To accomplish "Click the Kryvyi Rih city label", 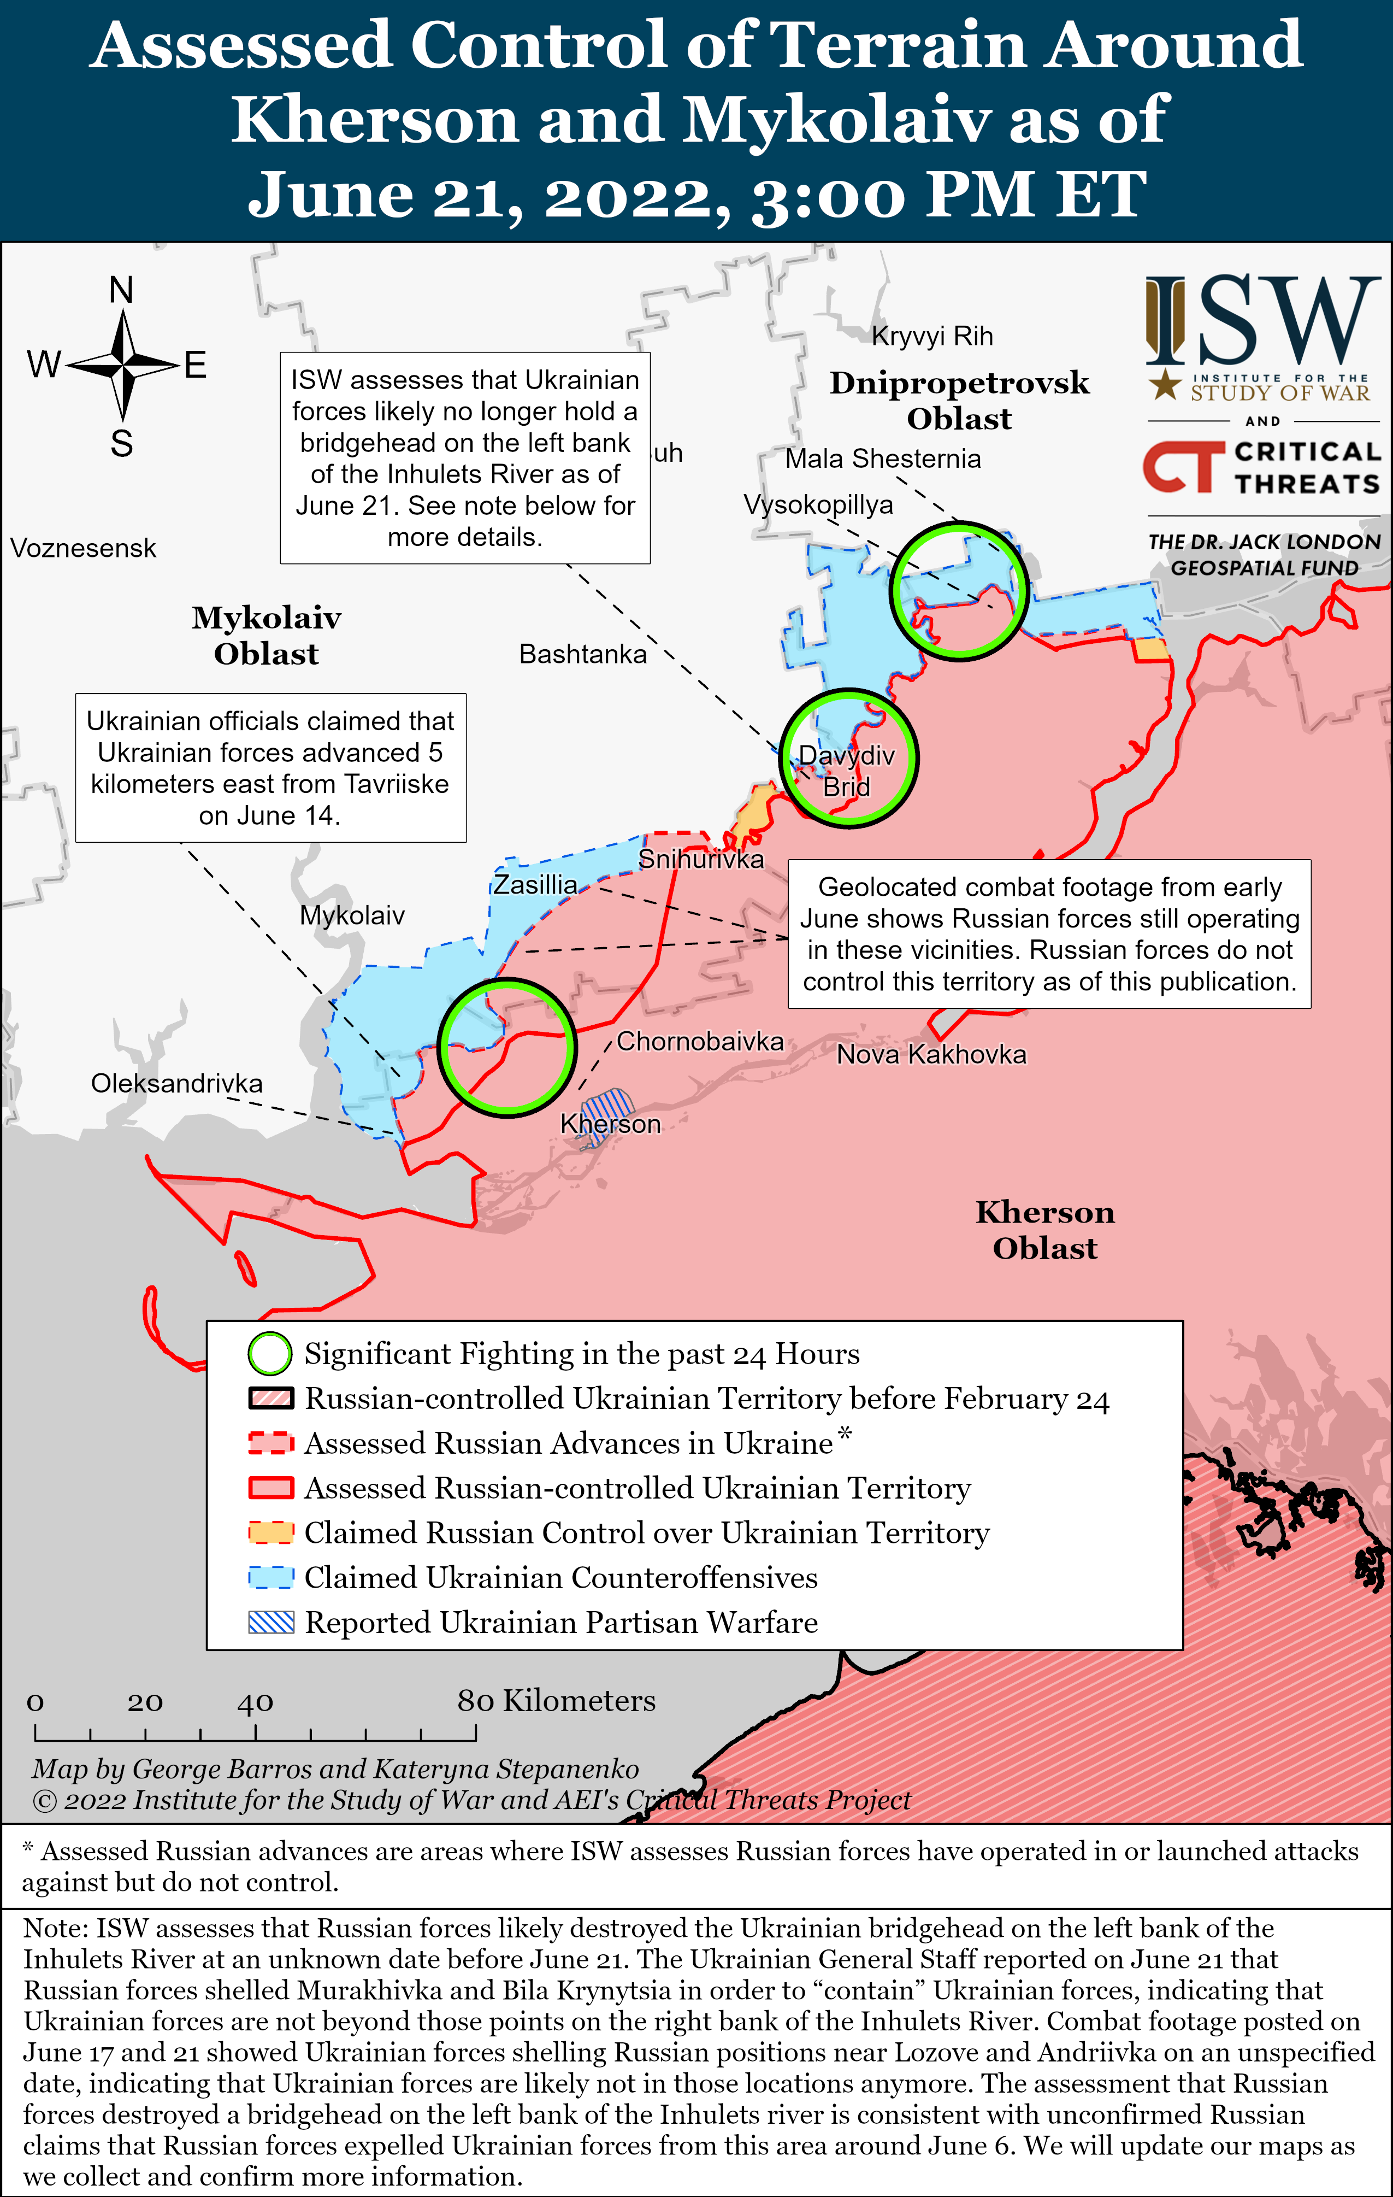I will tap(931, 337).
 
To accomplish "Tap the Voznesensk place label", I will tap(83, 548).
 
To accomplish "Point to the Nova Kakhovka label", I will tap(931, 1055).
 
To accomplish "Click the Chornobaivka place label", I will tap(700, 1041).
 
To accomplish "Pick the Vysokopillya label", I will tap(818, 504).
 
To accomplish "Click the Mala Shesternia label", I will tap(883, 459).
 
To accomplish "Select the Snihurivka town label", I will tap(701, 860).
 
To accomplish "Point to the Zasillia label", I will tap(535, 885).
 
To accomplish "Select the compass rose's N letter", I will tap(121, 290).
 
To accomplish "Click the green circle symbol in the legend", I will tap(270, 1354).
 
